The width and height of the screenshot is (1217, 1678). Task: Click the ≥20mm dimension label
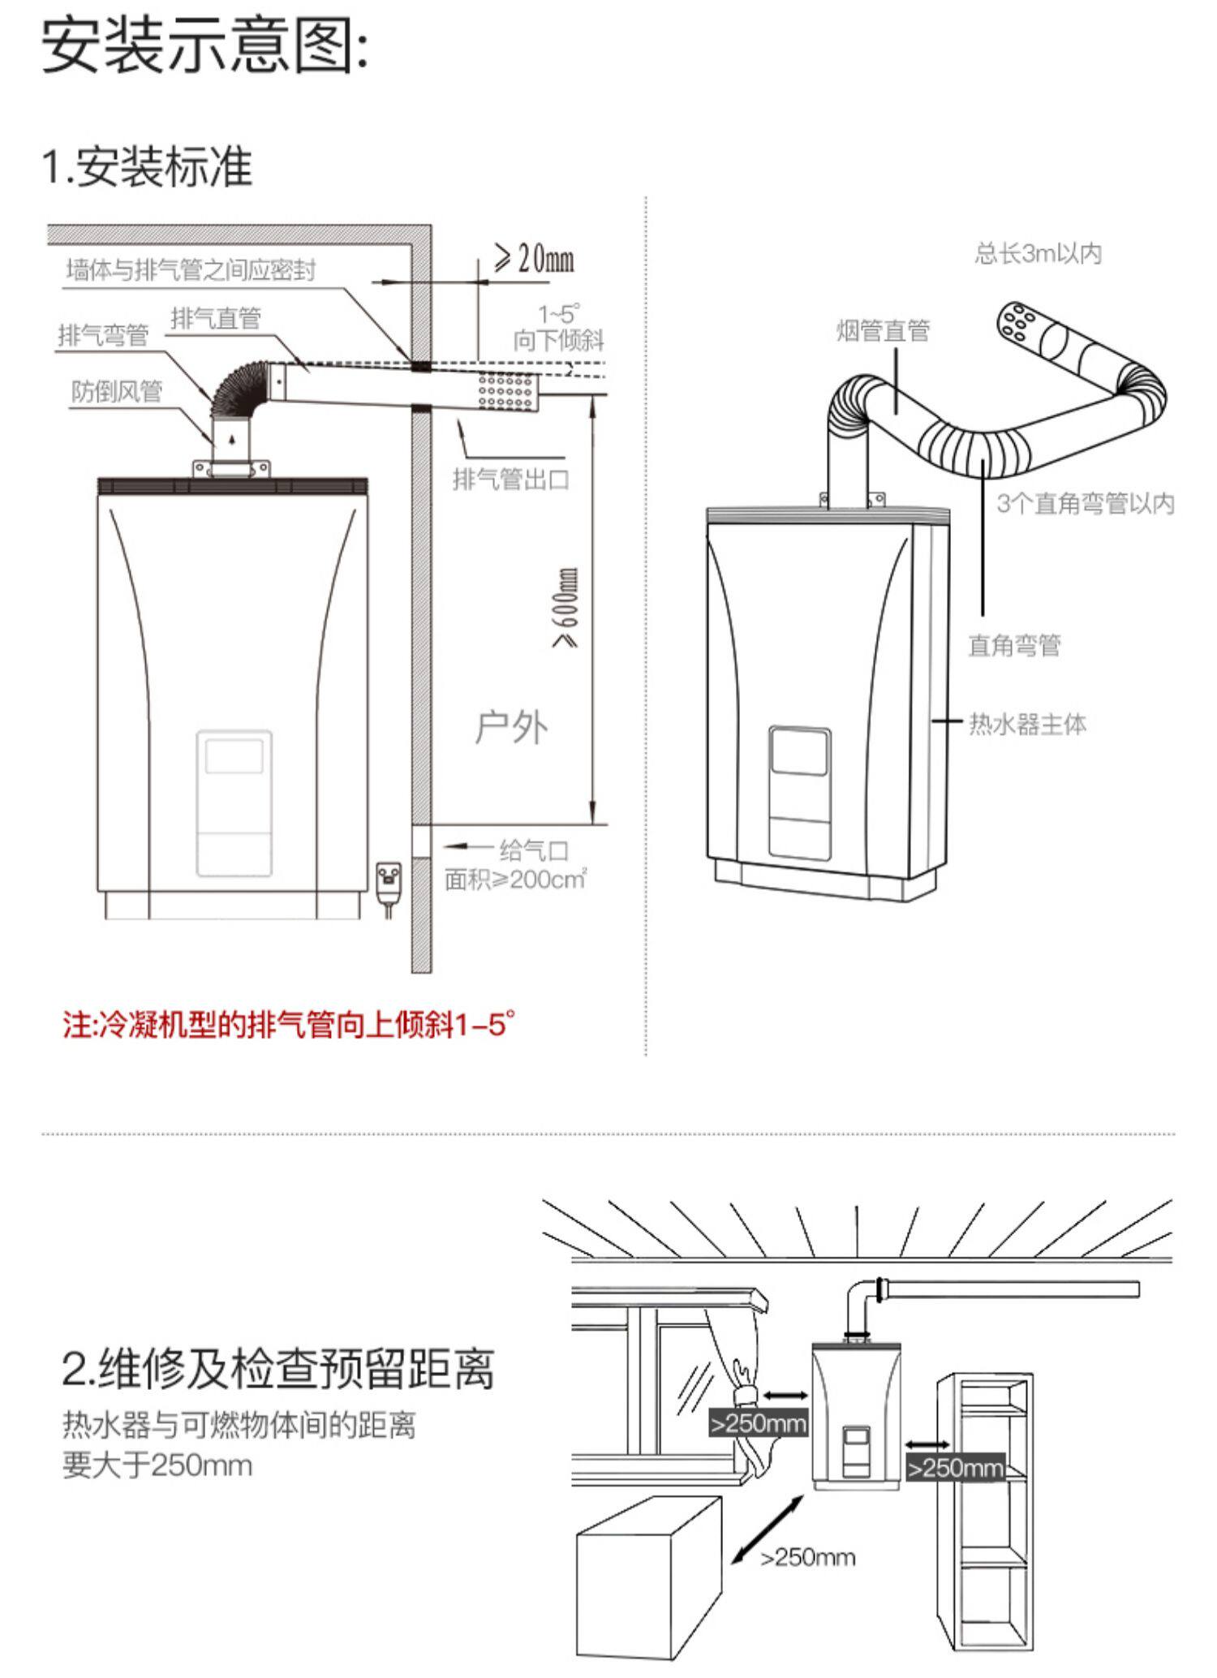(x=535, y=260)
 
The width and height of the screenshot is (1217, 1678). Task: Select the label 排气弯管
(x=103, y=334)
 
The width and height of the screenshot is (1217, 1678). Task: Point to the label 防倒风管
(x=117, y=391)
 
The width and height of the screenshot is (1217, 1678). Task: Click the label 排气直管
(x=216, y=318)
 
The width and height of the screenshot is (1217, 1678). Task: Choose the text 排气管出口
(x=511, y=479)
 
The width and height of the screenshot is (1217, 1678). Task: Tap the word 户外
(x=511, y=727)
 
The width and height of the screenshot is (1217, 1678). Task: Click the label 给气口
(x=534, y=850)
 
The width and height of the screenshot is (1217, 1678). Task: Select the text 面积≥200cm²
(x=516, y=879)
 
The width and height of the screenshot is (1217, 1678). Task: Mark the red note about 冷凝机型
(x=289, y=1025)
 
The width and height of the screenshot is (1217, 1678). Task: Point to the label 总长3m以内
(x=1038, y=254)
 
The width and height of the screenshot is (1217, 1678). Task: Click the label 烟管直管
(x=883, y=330)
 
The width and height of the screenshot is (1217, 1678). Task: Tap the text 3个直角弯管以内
(x=1086, y=503)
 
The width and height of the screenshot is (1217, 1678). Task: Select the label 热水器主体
(x=1027, y=724)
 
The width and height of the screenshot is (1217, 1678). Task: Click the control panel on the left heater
(x=234, y=803)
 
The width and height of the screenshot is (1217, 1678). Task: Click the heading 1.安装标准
(x=147, y=166)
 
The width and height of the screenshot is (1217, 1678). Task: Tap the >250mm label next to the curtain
(x=758, y=1424)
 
